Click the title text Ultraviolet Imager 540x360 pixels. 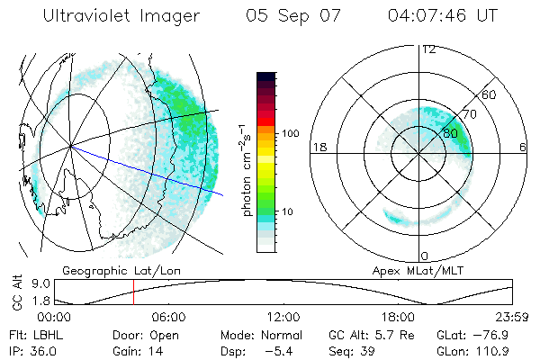pos(121,16)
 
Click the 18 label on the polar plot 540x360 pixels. pos(319,147)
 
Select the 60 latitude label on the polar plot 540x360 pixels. pos(490,94)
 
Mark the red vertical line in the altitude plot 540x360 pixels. pos(133,292)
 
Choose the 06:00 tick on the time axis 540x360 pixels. pos(168,317)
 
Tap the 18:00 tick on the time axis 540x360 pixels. pos(398,317)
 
